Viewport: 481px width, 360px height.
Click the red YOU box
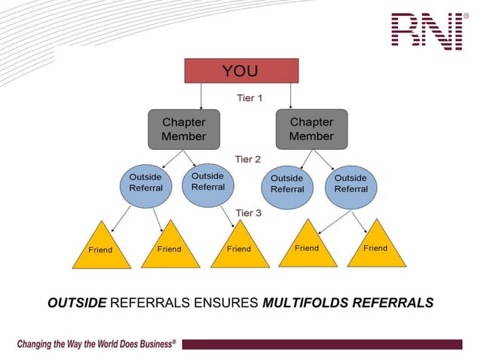tap(241, 71)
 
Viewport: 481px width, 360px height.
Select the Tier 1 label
tap(250, 98)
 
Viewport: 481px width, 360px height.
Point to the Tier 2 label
tap(248, 160)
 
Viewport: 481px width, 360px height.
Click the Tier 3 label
tap(248, 213)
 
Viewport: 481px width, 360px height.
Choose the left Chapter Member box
tap(183, 130)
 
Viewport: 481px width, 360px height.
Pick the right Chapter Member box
tap(311, 129)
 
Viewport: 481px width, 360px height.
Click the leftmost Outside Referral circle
tap(146, 183)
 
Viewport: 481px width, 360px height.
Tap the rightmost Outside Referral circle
tap(351, 184)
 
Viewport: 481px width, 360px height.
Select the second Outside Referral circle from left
tap(208, 182)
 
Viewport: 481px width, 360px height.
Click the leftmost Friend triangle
tap(101, 248)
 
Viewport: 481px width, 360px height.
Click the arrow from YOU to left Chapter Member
tap(201, 96)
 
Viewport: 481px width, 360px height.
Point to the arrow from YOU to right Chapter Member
tap(291, 95)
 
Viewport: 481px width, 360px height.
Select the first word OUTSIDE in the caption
tap(76, 304)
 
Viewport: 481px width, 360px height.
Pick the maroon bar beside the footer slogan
tap(321, 344)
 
